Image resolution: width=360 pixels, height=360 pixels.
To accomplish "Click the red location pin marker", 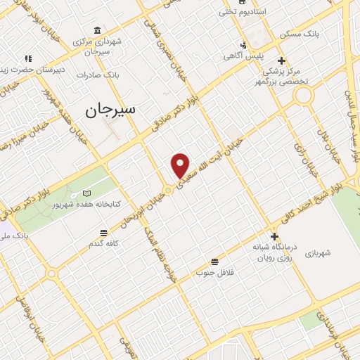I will [181, 165].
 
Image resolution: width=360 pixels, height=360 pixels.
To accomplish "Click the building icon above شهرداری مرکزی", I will [96, 31].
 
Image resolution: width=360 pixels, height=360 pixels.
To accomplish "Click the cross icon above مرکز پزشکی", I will [281, 60].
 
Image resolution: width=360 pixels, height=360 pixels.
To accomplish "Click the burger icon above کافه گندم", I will [104, 232].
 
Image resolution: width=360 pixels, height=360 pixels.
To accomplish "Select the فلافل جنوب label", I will [213, 271].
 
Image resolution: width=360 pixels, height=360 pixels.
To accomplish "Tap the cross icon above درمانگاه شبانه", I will [274, 236].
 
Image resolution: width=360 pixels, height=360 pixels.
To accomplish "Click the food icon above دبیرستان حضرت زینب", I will [28, 58].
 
